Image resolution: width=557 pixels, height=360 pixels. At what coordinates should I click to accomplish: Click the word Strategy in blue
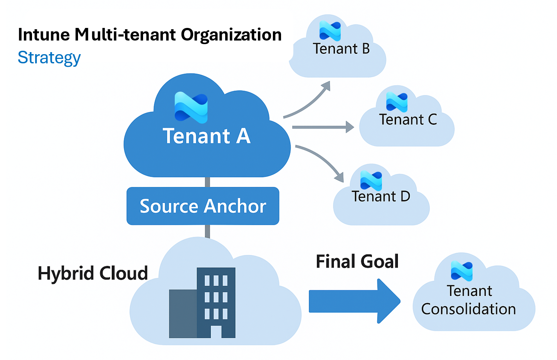pos(49,58)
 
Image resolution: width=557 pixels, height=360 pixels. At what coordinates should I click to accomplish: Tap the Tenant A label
pos(206,136)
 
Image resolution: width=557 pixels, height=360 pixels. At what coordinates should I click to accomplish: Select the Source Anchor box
pos(203,206)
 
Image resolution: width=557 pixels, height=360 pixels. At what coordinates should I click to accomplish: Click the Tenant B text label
pos(341,49)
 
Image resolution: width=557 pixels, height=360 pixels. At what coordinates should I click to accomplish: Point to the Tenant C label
pos(408,120)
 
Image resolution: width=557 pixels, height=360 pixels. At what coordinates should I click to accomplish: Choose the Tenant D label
pos(381,197)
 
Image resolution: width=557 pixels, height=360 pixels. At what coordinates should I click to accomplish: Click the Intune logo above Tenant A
pos(191,107)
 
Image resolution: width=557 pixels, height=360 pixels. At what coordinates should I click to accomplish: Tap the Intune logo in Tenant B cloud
pos(330,31)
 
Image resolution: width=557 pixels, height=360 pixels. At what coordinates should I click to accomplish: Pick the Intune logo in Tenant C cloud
pos(397,102)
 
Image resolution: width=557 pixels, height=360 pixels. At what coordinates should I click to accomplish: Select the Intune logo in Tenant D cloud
pos(371,181)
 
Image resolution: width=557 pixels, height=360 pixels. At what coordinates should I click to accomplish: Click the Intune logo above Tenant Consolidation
pos(461,271)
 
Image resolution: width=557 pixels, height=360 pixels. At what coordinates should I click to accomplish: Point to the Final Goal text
pos(357,262)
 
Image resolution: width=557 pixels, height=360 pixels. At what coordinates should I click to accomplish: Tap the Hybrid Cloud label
pos(93,273)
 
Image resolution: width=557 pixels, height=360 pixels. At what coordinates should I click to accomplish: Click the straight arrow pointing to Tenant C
pos(322,127)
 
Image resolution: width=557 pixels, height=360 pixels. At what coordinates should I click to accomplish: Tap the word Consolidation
pos(468,309)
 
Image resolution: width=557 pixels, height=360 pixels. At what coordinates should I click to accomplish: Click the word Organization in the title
pos(231,35)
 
